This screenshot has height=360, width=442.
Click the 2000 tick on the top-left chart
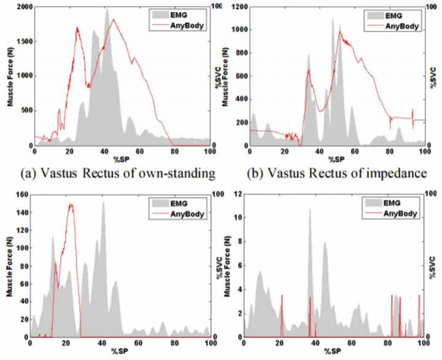[23, 6]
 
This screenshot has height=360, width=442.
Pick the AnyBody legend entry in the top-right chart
[402, 26]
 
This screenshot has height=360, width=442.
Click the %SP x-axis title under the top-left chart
[121, 160]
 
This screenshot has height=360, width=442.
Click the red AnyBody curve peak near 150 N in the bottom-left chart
[71, 204]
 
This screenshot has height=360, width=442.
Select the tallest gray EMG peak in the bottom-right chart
[310, 209]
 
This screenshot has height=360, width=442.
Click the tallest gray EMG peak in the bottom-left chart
[103, 202]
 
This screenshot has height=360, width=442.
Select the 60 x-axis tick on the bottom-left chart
[138, 343]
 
